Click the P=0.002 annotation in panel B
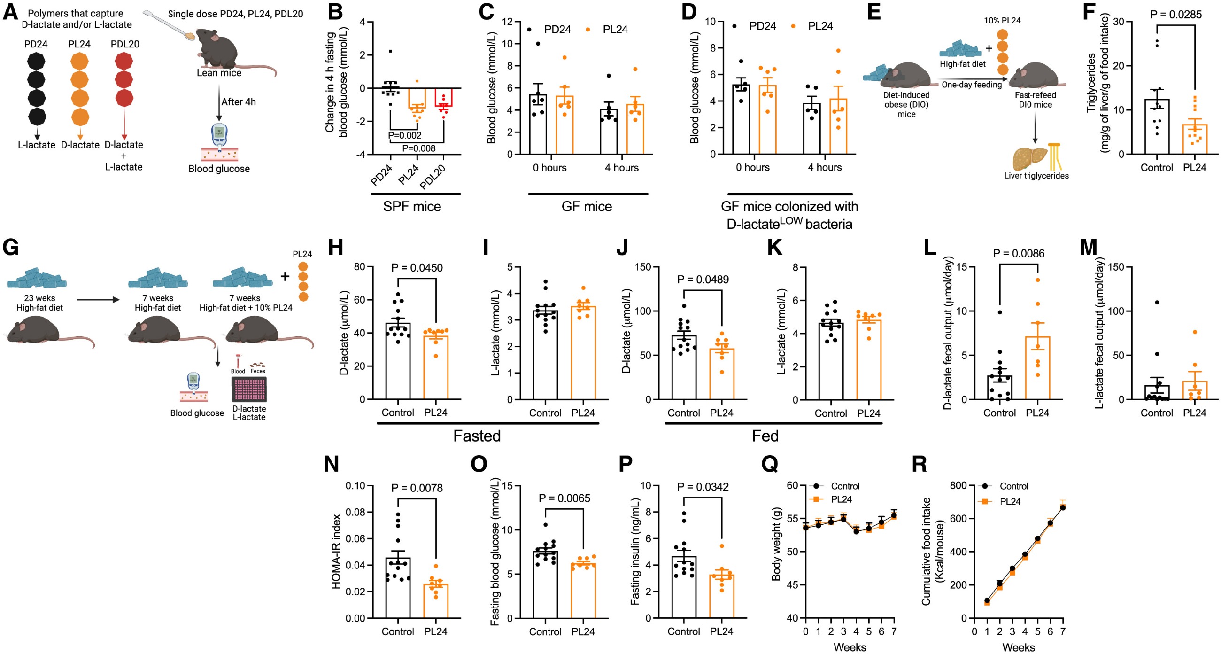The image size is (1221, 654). click(x=404, y=135)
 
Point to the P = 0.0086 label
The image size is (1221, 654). click(x=1019, y=253)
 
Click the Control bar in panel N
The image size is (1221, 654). click(x=398, y=588)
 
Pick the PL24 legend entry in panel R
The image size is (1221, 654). click(x=1009, y=501)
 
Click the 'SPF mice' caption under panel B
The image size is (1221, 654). click(x=412, y=206)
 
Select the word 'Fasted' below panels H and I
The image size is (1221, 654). click(x=477, y=436)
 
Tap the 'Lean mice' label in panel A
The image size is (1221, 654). click(x=219, y=73)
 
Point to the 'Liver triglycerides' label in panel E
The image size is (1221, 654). click(x=1036, y=175)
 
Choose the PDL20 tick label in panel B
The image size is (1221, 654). click(x=433, y=178)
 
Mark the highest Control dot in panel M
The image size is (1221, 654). click(x=1157, y=302)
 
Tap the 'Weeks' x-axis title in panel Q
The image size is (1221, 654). click(x=850, y=647)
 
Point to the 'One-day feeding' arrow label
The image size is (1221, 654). click(x=971, y=85)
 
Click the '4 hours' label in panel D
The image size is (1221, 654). click(x=825, y=167)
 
